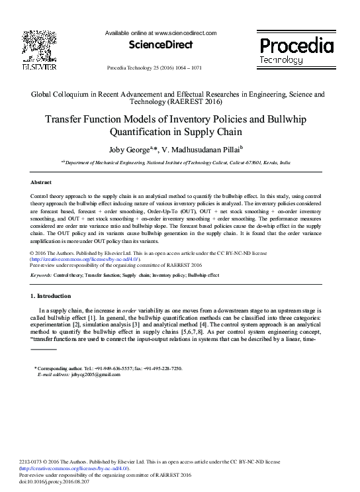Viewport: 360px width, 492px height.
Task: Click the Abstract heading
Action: pyautogui.click(x=42, y=181)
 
